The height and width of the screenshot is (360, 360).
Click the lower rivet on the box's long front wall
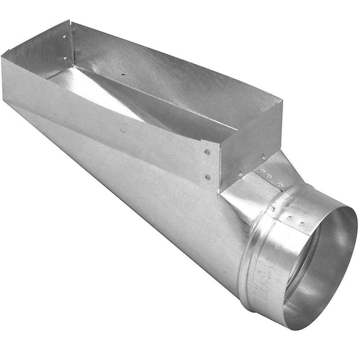pos(208,176)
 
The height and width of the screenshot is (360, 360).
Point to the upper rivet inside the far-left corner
pos(65,37)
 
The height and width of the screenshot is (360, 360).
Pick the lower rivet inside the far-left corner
pos(64,59)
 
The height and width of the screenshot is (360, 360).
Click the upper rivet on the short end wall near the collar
pos(263,157)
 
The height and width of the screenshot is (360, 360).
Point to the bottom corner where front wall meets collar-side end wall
pos(220,191)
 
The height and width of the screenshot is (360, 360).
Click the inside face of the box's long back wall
pos(168,78)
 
